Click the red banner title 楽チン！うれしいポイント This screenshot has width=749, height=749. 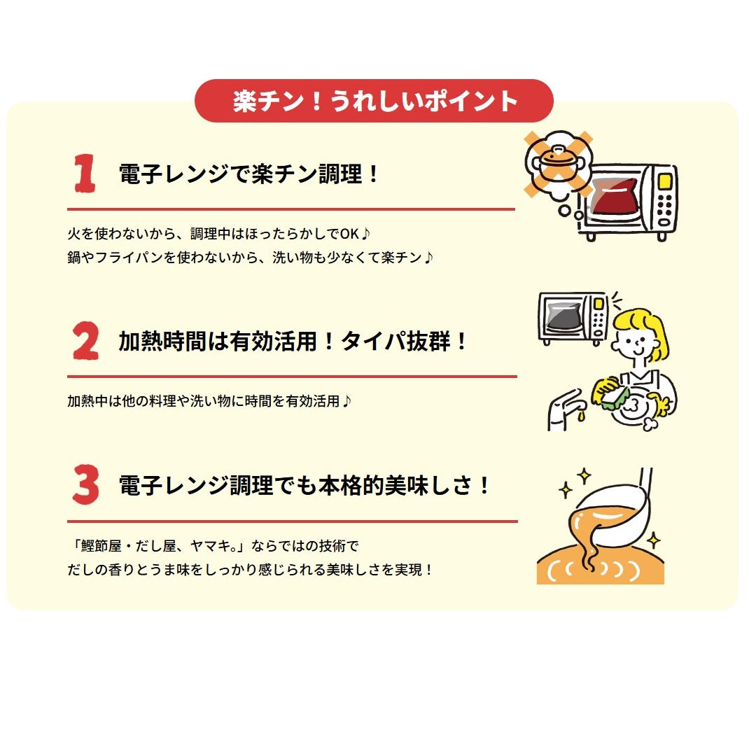(x=374, y=101)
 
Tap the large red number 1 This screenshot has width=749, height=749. (x=85, y=174)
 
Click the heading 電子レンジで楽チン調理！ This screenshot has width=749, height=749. (x=249, y=174)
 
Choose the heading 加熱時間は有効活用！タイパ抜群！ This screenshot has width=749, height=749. (x=293, y=342)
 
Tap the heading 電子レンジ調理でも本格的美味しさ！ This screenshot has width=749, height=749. (x=305, y=486)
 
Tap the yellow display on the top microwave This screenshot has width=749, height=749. (x=664, y=181)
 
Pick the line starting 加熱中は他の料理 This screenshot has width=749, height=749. (x=209, y=401)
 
